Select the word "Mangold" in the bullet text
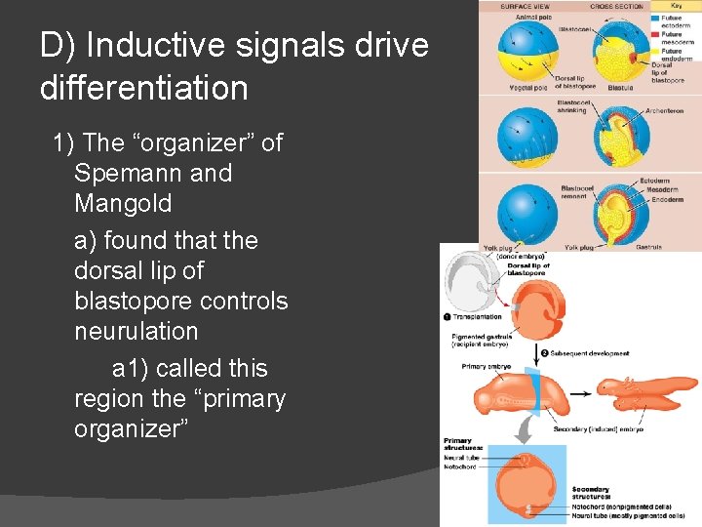(123, 203)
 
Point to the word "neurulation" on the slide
(136, 331)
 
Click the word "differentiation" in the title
(143, 89)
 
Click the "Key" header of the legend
(677, 6)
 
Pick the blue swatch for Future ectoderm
(656, 19)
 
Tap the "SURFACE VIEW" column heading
(525, 7)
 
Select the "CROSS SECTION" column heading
(616, 7)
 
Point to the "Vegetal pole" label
(526, 87)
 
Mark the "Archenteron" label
(665, 111)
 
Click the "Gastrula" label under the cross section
(648, 247)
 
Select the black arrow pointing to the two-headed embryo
(579, 395)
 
